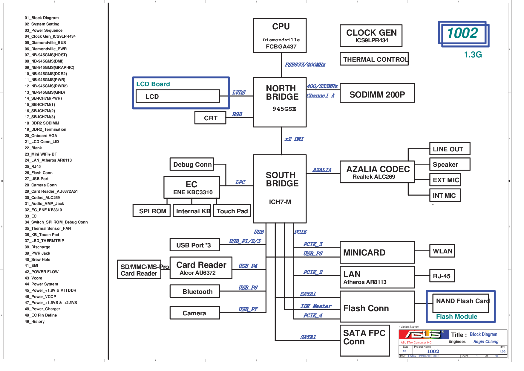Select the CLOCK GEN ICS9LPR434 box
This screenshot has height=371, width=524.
[x=371, y=36]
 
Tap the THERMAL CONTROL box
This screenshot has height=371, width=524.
[x=374, y=59]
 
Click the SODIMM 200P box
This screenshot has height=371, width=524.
[x=377, y=93]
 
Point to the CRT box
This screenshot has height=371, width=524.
[x=210, y=118]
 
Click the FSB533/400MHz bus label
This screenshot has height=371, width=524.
[x=305, y=65]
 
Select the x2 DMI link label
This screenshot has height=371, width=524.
[x=294, y=139]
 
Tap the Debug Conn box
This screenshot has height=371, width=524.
[x=192, y=164]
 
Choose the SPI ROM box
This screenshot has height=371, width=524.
[x=152, y=211]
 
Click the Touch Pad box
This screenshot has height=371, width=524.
[x=232, y=211]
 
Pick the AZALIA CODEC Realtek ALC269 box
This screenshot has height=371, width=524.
[x=377, y=172]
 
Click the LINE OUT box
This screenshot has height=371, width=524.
[x=450, y=149]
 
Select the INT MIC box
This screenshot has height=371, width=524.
[x=445, y=195]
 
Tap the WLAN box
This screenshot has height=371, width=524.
[x=442, y=251]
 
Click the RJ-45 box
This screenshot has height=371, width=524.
[x=442, y=276]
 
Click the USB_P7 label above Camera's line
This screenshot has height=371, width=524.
[x=248, y=309]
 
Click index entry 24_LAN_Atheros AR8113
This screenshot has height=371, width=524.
[x=48, y=160]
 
